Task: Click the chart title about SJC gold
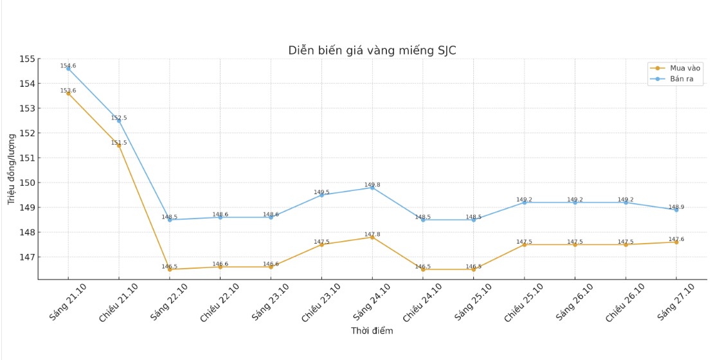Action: pyautogui.click(x=372, y=51)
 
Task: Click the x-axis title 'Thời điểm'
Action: pyautogui.click(x=372, y=331)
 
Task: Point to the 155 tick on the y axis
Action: pyautogui.click(x=26, y=59)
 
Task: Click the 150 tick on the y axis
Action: pyautogui.click(x=26, y=183)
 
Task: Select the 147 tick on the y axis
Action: pyautogui.click(x=26, y=257)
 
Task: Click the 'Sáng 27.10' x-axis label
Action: pyautogui.click(x=674, y=301)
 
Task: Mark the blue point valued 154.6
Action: pyautogui.click(x=68, y=69)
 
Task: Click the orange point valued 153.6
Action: pyautogui.click(x=68, y=93)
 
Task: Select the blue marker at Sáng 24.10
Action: pyautogui.click(x=372, y=188)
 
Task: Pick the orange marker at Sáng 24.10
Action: pyautogui.click(x=372, y=237)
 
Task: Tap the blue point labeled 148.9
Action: pyautogui.click(x=676, y=210)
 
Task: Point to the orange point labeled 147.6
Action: pyautogui.click(x=676, y=242)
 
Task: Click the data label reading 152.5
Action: pyautogui.click(x=119, y=118)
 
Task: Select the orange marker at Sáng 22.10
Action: pyautogui.click(x=170, y=269)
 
